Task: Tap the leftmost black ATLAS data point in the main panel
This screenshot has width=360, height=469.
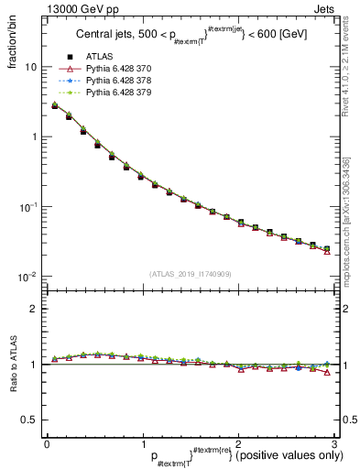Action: [x=55, y=106]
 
